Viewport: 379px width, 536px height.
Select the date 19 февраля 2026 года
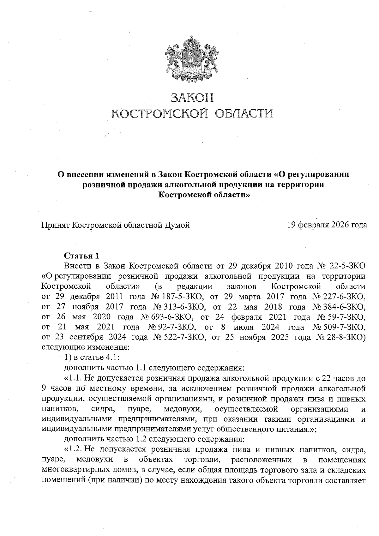click(327, 225)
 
